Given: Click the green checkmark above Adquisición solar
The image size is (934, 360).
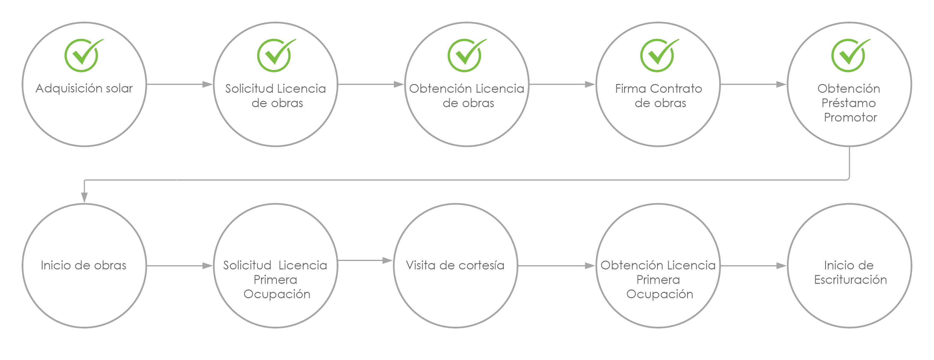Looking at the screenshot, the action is pyautogui.click(x=83, y=55).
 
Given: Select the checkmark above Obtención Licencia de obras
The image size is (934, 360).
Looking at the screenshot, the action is pyautogui.click(x=466, y=55).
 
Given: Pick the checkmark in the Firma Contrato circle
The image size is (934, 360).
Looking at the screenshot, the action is pyautogui.click(x=659, y=55).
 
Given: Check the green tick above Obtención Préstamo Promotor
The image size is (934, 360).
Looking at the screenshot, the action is pyautogui.click(x=850, y=55).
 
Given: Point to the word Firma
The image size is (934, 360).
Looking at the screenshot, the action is pyautogui.click(x=631, y=88).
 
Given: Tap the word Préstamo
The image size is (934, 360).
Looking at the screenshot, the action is pyautogui.click(x=849, y=103).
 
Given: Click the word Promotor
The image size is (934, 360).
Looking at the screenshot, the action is pyautogui.click(x=850, y=118).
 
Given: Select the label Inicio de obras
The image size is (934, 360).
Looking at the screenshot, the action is pyautogui.click(x=83, y=265).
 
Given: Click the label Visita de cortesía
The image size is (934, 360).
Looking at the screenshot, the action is pyautogui.click(x=455, y=265).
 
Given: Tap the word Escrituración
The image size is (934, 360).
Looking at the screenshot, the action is pyautogui.click(x=851, y=280).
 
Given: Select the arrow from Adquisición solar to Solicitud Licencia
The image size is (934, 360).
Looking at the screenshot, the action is pyautogui.click(x=179, y=85).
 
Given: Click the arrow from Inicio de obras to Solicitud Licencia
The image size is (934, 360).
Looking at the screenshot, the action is pyautogui.click(x=179, y=266).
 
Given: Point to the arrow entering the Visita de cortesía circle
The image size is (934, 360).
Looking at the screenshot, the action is pyautogui.click(x=365, y=260).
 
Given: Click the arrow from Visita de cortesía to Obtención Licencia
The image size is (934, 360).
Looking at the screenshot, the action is pyautogui.click(x=557, y=266).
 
